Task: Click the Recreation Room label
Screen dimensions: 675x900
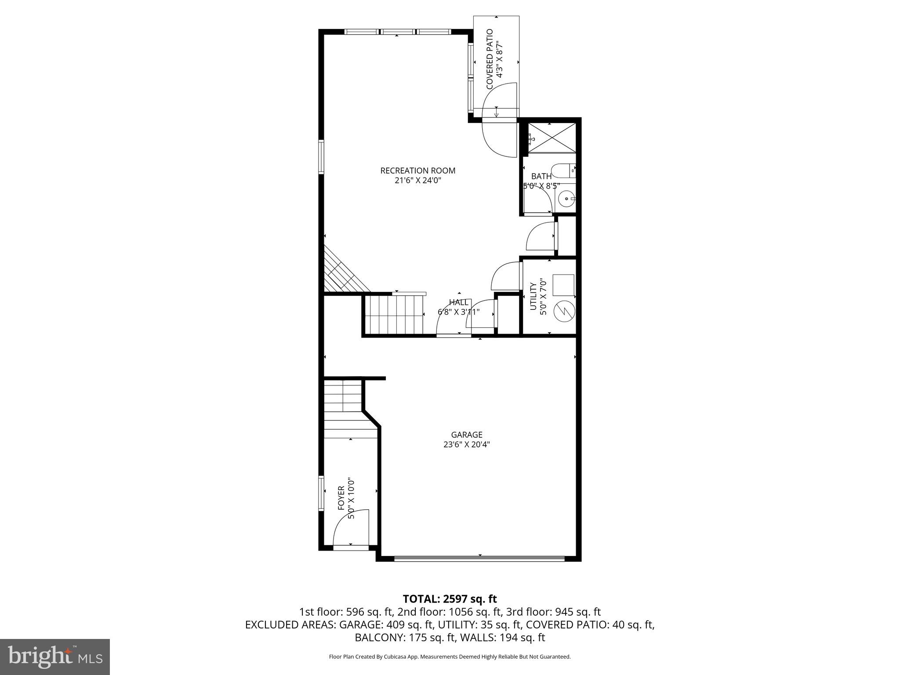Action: tap(417, 171)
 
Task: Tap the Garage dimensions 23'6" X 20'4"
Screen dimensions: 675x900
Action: tap(466, 444)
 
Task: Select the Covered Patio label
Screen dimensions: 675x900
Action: tap(490, 59)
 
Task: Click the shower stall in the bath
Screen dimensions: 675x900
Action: tap(552, 138)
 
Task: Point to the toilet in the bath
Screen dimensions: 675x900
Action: tap(562, 171)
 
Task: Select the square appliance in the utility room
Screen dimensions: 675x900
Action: tap(563, 285)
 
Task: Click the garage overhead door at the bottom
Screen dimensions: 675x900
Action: tap(479, 559)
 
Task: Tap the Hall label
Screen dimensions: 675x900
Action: tap(458, 302)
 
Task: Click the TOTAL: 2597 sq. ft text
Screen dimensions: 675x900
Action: tap(450, 599)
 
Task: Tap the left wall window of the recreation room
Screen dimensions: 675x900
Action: tap(321, 157)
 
